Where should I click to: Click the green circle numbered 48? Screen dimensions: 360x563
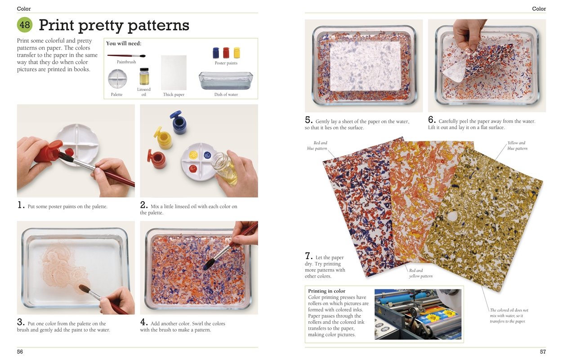click(25, 25)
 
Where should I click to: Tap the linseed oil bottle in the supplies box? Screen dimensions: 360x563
click(144, 76)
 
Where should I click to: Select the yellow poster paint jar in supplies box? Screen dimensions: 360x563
click(237, 53)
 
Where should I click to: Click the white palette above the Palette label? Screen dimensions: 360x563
click(117, 79)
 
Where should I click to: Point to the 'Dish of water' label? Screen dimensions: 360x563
click(226, 94)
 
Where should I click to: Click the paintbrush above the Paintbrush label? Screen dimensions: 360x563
click(126, 56)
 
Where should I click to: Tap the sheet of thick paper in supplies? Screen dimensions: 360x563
click(174, 72)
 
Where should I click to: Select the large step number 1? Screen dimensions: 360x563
click(21, 205)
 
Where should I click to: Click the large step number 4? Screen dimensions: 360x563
click(144, 322)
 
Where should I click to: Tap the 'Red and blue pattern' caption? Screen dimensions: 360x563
click(317, 146)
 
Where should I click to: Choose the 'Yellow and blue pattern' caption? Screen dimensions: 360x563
click(517, 146)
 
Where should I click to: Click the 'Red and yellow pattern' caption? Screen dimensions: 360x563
click(420, 273)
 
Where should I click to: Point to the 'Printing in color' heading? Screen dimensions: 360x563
click(326, 291)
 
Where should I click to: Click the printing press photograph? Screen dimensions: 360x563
click(418, 314)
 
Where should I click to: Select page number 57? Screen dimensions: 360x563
click(542, 351)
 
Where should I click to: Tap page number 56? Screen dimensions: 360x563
click(20, 351)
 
